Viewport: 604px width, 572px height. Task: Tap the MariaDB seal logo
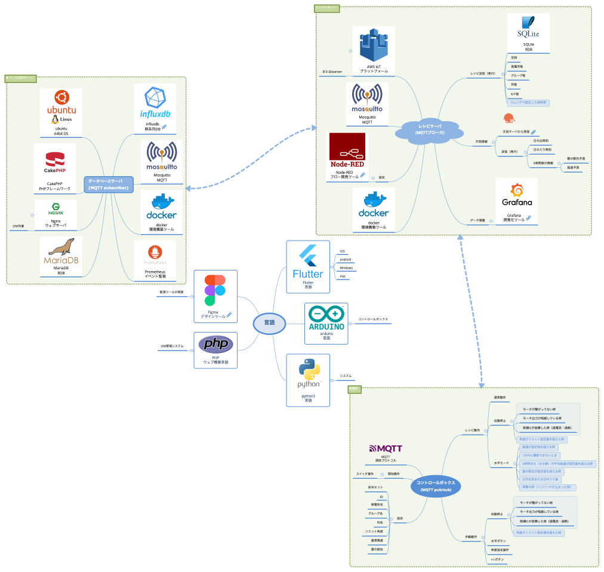click(x=61, y=251)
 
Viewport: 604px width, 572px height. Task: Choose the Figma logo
click(x=215, y=290)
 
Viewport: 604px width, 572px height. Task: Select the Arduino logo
click(x=326, y=319)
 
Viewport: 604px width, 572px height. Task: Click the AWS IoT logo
click(x=374, y=47)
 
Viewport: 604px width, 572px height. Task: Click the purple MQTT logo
click(x=385, y=448)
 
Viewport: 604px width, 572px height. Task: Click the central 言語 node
click(x=269, y=322)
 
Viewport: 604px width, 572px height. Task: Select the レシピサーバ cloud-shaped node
click(x=430, y=130)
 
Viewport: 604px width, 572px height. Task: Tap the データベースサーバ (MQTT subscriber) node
click(x=108, y=184)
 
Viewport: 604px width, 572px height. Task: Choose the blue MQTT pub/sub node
click(x=436, y=485)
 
